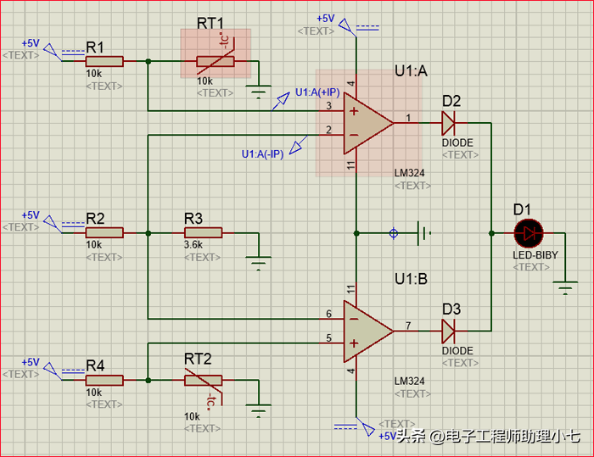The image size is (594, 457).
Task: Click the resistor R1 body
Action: click(104, 61)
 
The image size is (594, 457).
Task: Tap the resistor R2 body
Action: click(104, 232)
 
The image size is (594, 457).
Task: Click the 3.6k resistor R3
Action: click(203, 232)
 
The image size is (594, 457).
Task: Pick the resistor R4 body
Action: click(104, 380)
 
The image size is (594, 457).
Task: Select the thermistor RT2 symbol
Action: click(204, 381)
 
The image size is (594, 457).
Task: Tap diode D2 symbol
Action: click(449, 124)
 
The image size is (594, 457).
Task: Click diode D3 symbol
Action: click(449, 329)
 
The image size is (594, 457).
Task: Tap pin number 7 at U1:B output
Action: click(408, 324)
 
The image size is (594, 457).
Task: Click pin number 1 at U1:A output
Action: click(408, 118)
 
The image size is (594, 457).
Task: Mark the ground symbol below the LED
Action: click(565, 288)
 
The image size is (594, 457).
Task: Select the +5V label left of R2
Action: click(31, 215)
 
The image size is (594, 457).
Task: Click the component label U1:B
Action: click(411, 278)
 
